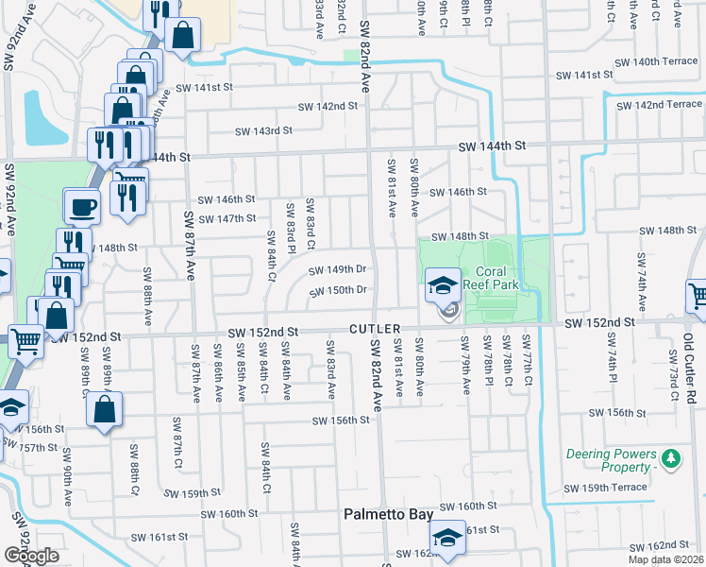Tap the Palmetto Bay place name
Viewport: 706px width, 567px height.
pos(387,515)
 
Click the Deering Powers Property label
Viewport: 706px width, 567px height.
pos(610,461)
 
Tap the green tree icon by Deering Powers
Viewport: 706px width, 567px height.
pos(671,459)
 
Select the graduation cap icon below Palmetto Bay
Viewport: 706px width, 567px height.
pos(445,539)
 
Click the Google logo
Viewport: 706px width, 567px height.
pos(31,556)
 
